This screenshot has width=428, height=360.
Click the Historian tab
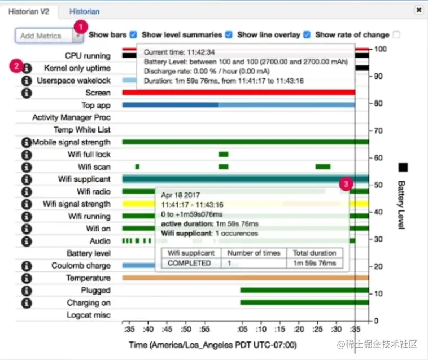(x=84, y=11)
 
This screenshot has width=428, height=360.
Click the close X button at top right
(x=418, y=10)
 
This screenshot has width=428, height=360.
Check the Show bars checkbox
(x=133, y=34)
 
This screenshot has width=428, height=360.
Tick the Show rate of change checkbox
(x=396, y=34)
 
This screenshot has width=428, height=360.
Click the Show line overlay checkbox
(x=307, y=34)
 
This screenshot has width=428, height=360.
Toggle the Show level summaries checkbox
(x=228, y=34)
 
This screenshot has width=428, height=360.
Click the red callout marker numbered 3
(x=347, y=183)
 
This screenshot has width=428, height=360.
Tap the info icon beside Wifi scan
(x=27, y=167)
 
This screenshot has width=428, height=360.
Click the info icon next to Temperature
(x=27, y=278)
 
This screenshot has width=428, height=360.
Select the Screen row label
(x=98, y=93)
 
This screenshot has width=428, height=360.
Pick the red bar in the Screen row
(x=237, y=93)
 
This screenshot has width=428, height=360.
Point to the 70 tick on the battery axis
(x=378, y=131)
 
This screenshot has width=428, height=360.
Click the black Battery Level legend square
(x=403, y=167)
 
